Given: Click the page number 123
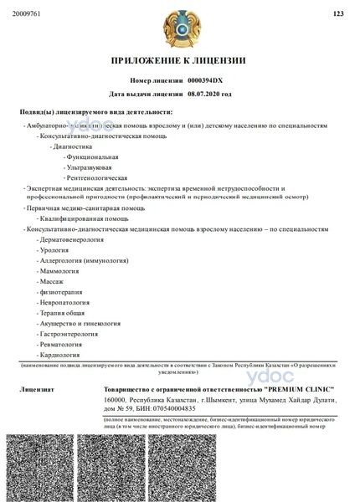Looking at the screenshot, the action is [x=338, y=13].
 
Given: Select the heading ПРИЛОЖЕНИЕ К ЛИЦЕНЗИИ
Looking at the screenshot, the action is [x=179, y=62].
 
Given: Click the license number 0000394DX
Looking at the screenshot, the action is [x=206, y=80].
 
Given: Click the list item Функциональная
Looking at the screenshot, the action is [x=92, y=156].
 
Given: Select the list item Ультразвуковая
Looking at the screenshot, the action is [x=91, y=166].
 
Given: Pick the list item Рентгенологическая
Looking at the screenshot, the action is [x=97, y=177].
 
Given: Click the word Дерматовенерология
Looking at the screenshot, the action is [x=71, y=239].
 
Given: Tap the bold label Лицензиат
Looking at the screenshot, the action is [x=38, y=390].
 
